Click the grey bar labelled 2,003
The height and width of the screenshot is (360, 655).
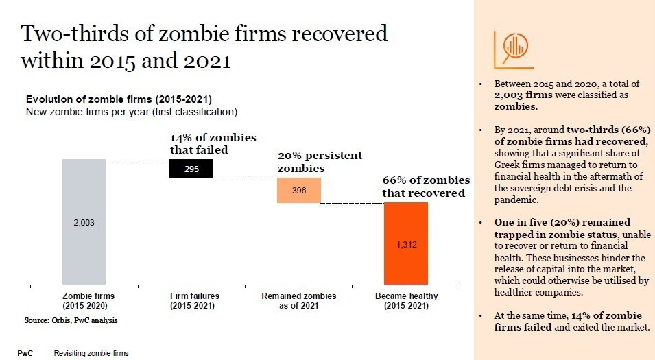(84, 221)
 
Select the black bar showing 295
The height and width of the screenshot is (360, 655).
(191, 169)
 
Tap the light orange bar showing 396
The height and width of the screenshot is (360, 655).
(298, 190)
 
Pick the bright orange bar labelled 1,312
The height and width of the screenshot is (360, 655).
(406, 243)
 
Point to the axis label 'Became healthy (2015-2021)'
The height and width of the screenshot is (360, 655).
(406, 300)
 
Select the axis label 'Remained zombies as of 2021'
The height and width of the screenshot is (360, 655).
(299, 300)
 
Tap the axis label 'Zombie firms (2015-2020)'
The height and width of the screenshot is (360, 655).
(84, 300)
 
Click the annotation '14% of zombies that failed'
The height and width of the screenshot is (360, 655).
(213, 143)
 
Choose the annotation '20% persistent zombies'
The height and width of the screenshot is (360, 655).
(320, 162)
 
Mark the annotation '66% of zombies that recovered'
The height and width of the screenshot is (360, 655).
(426, 187)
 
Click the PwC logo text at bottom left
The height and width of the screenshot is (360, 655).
(25, 353)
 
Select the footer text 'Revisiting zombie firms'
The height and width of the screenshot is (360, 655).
(91, 353)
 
